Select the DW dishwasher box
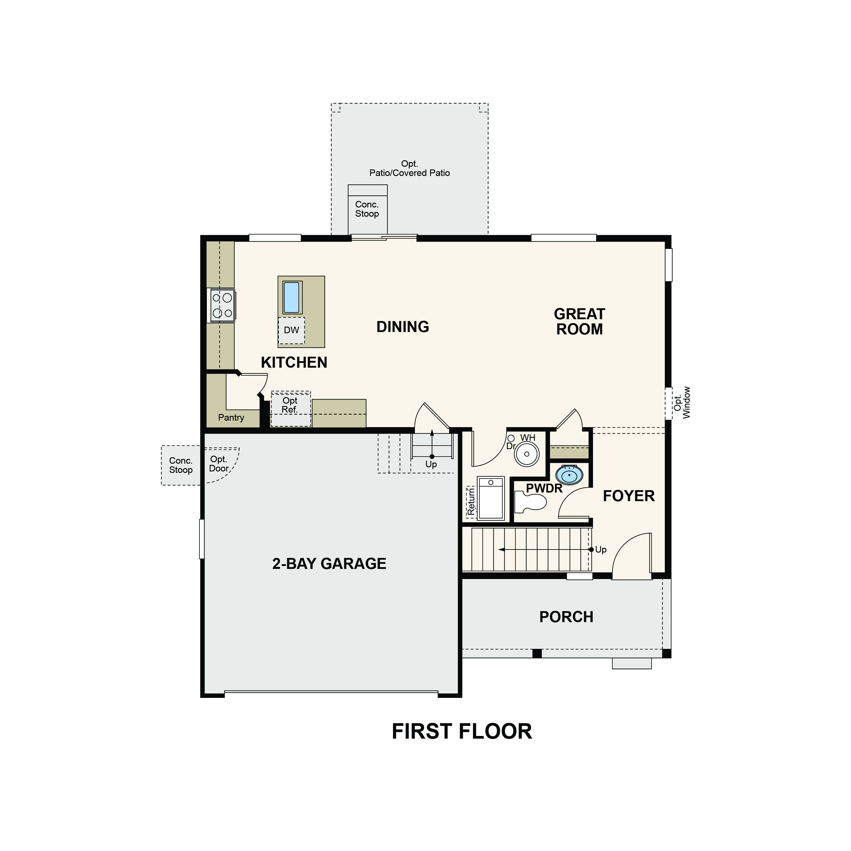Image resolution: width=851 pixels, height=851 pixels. pos(291,330)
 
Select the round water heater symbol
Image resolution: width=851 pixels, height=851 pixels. pos(527,454)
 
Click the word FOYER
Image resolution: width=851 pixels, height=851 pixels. pos(629,496)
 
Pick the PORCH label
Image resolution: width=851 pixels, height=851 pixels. pos(567,617)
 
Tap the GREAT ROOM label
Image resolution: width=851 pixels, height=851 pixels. pos(580,322)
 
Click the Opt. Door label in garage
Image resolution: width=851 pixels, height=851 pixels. pos(219,464)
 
